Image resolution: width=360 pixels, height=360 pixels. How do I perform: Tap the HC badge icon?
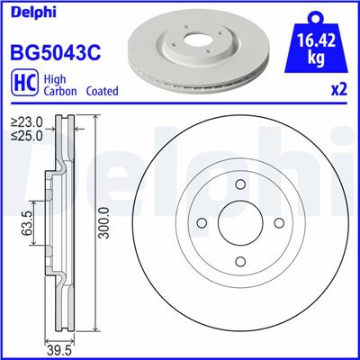pos(22,85)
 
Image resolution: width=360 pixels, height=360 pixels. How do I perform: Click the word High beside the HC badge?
pos(53,79)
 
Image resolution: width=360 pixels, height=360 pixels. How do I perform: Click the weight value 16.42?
pos(313,40)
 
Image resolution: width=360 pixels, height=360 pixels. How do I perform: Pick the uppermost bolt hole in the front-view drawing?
pos(239,187)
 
